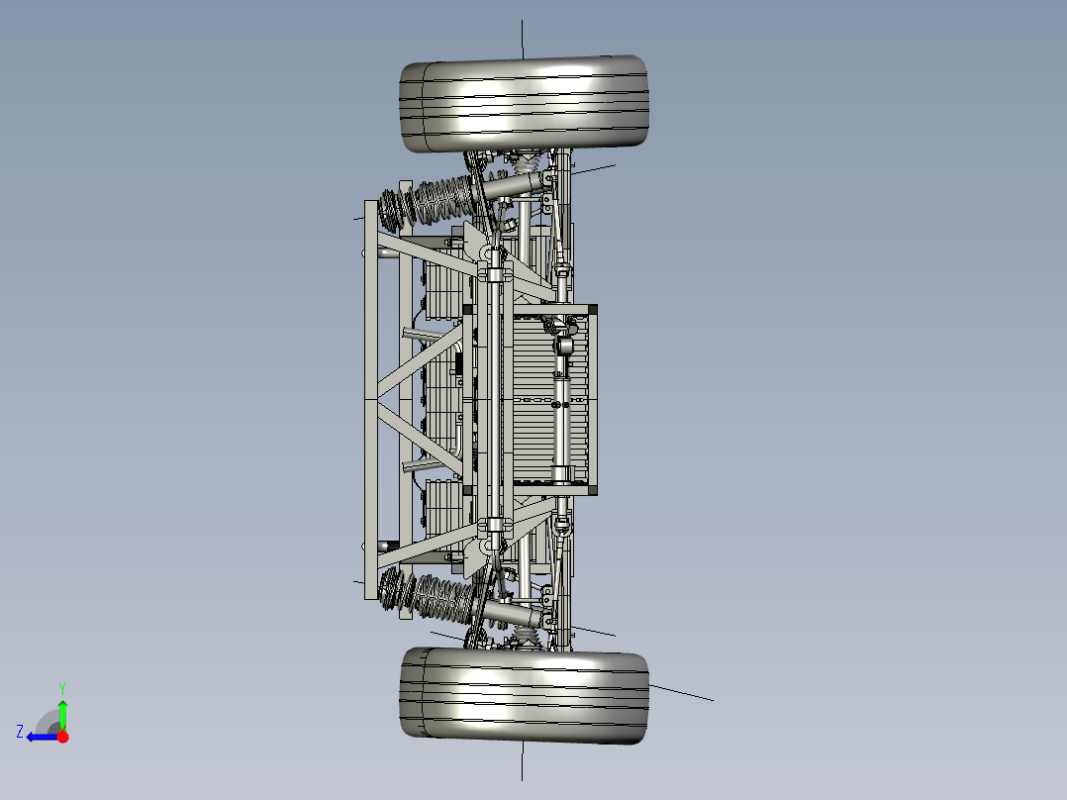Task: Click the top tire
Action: pos(525,104)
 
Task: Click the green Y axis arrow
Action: pos(62,711)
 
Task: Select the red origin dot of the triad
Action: pos(62,737)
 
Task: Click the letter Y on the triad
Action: pos(62,687)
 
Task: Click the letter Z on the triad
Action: pos(20,732)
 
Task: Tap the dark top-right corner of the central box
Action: pos(593,311)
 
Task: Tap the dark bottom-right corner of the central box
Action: pos(593,489)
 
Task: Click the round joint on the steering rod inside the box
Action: pos(563,347)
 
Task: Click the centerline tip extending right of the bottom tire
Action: pos(711,700)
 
